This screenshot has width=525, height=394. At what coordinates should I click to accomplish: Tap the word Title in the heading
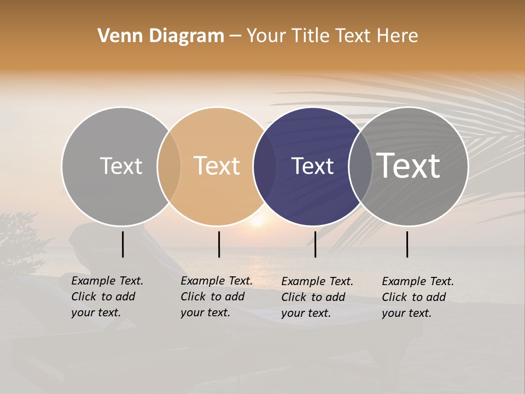(x=310, y=36)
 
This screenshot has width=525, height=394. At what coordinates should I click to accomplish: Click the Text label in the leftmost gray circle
(x=121, y=166)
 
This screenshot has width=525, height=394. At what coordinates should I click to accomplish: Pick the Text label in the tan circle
(x=217, y=166)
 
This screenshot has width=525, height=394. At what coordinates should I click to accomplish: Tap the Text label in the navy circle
(x=312, y=166)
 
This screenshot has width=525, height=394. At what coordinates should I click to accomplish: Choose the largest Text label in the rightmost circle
(x=409, y=166)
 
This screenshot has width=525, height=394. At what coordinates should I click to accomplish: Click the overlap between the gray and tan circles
(x=169, y=166)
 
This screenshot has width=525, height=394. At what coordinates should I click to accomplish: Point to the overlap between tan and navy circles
(x=265, y=166)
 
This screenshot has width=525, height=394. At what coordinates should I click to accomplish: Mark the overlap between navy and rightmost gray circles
(x=360, y=166)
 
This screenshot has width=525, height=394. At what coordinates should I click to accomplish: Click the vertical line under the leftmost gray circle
(x=122, y=244)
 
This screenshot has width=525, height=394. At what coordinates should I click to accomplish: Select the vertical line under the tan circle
(x=219, y=244)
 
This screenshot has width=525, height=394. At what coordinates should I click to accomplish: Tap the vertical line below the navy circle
(x=315, y=244)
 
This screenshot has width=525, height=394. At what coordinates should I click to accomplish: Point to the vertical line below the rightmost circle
(x=407, y=244)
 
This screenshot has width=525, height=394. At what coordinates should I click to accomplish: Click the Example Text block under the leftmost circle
(x=107, y=297)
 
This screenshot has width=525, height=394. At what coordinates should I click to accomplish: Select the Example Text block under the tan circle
(x=216, y=297)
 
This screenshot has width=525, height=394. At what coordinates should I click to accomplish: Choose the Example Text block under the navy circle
(x=317, y=297)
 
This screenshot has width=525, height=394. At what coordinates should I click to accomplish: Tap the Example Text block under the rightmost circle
(x=417, y=297)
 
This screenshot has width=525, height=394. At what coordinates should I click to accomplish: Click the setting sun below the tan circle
(x=256, y=222)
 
